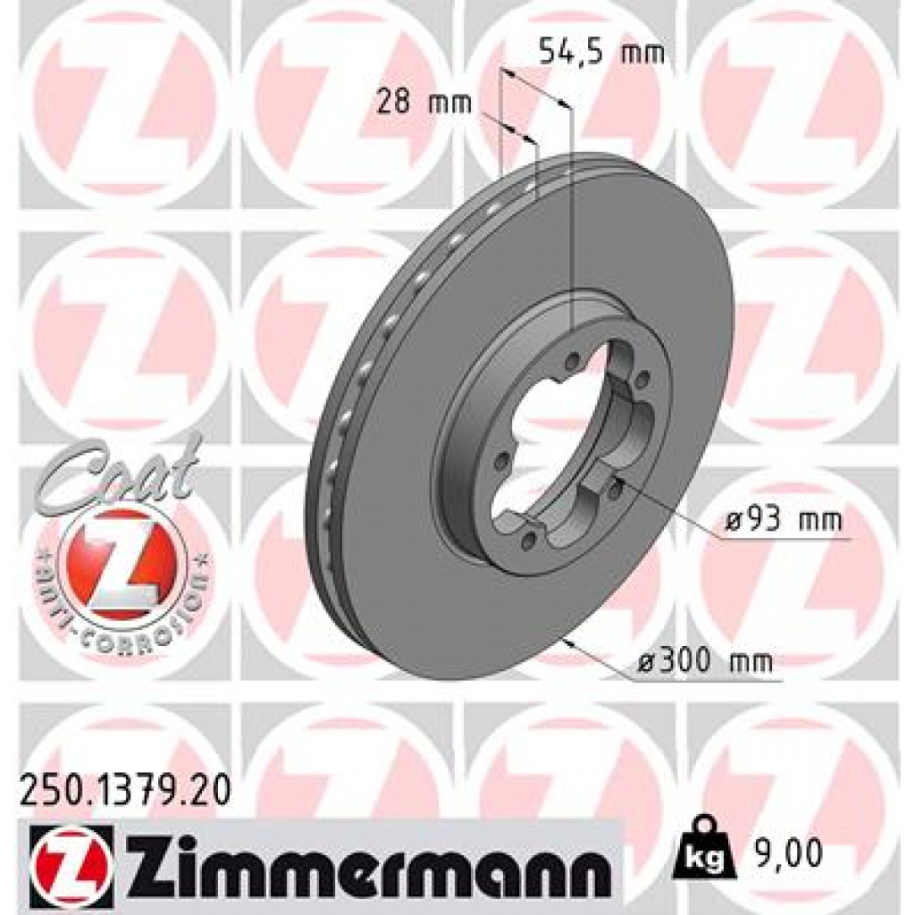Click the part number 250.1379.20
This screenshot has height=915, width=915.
click(x=124, y=789)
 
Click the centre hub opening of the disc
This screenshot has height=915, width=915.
click(x=554, y=438)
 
